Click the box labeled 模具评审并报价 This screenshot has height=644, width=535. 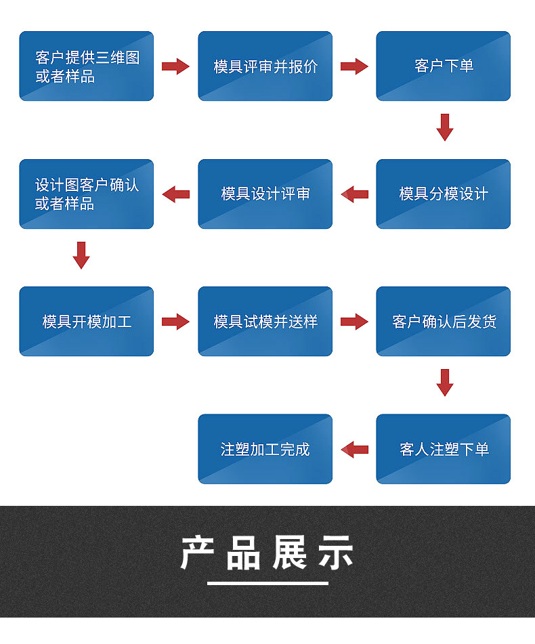(265, 66)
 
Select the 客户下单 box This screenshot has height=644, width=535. (443, 66)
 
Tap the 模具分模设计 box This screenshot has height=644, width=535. (443, 194)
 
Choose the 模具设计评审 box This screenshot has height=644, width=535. (265, 194)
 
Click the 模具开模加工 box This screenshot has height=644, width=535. (86, 322)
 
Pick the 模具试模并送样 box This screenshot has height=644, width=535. (265, 322)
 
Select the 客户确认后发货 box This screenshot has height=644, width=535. (443, 322)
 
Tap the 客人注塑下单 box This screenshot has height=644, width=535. (443, 449)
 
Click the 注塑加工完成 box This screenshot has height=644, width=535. (265, 449)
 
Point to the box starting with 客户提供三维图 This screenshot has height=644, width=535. (86, 66)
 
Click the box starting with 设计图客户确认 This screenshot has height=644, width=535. (86, 194)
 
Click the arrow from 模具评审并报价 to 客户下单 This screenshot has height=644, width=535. (354, 66)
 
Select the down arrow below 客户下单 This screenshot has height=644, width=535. (444, 127)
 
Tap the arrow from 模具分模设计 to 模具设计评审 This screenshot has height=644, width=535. (354, 194)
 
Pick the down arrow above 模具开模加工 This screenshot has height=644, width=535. (81, 255)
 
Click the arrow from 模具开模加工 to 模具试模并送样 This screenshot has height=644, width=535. (175, 322)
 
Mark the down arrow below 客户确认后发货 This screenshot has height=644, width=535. (444, 383)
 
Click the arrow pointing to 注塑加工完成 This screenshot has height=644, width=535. (354, 449)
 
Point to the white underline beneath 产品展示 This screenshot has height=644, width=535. (267, 583)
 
